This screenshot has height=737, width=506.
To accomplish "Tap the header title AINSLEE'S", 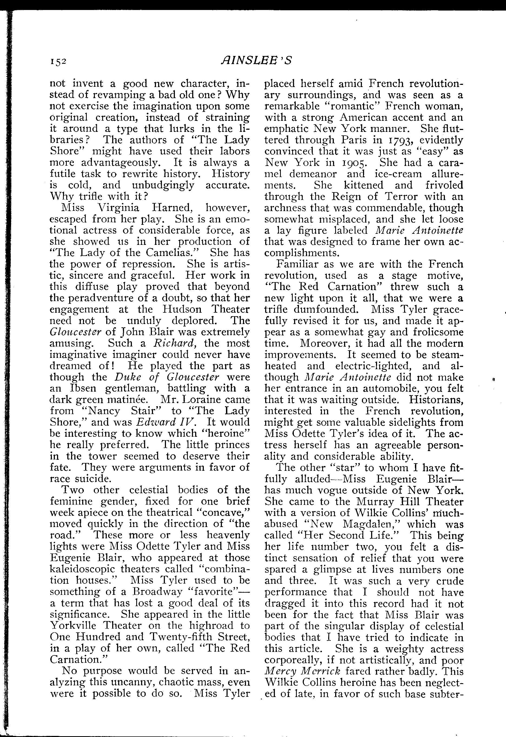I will pyautogui.click(x=256, y=60).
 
